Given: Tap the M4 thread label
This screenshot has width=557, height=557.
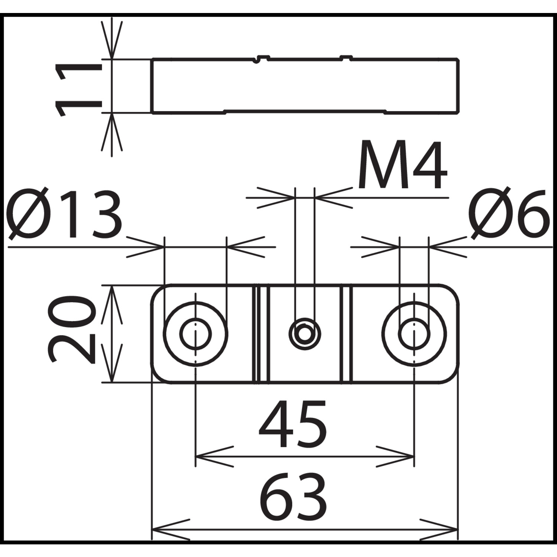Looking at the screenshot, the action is point(402,165).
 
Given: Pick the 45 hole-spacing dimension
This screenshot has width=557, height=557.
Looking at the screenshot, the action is point(293,424).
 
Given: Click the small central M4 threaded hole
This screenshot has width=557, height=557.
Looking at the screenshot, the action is point(304,331).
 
